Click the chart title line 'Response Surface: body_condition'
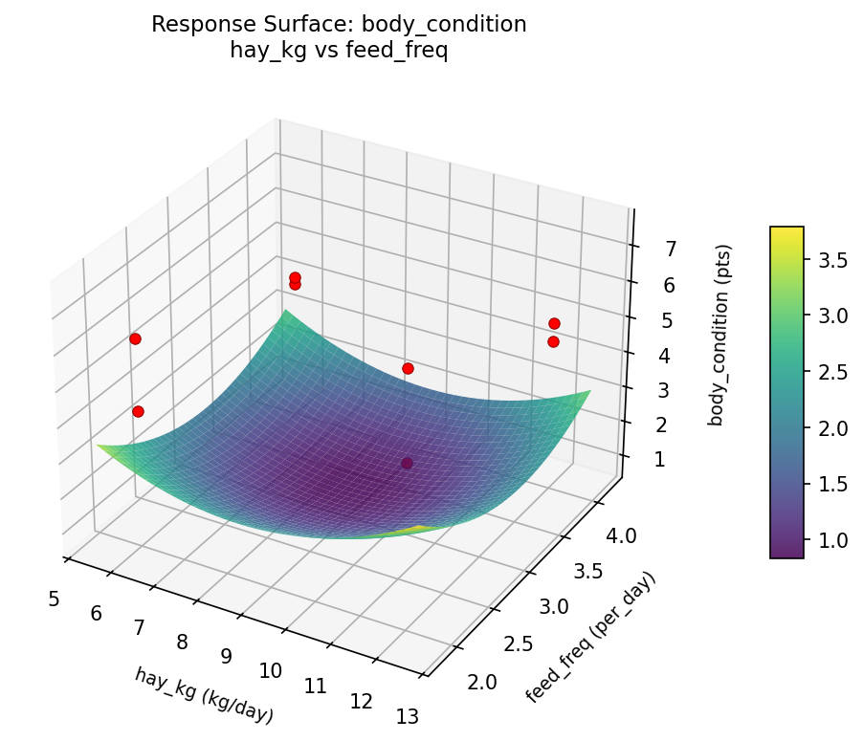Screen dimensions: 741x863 (x=339, y=25)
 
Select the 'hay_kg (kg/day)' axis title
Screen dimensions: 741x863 (x=204, y=695)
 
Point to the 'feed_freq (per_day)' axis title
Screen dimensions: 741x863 (x=593, y=638)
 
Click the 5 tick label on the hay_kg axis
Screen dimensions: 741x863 (x=53, y=599)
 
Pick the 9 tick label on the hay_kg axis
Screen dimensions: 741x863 (x=226, y=656)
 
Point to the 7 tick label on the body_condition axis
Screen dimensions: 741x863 (x=671, y=250)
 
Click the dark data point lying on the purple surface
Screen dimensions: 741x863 (x=408, y=463)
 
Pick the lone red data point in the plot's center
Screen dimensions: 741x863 (x=408, y=368)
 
